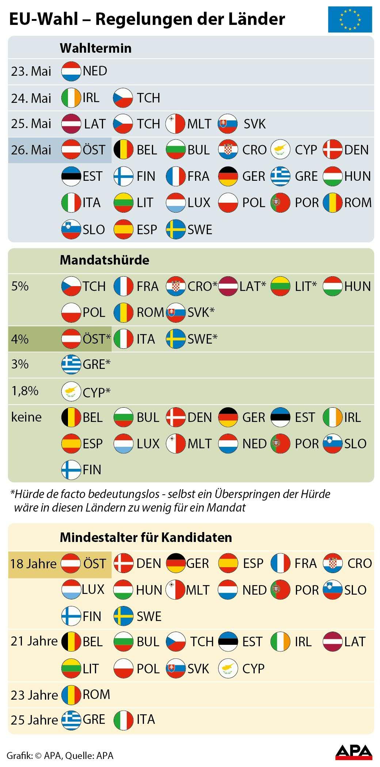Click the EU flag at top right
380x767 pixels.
pyautogui.click(x=350, y=19)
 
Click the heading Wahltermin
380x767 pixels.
pyautogui.click(x=95, y=48)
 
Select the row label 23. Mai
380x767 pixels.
pyautogui.click(x=31, y=71)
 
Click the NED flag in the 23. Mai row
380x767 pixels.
pyautogui.click(x=71, y=71)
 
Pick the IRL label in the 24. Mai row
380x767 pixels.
pyautogui.click(x=91, y=98)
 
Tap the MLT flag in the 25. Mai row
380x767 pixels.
pyautogui.click(x=175, y=124)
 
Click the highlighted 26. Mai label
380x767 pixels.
pyautogui.click(x=31, y=150)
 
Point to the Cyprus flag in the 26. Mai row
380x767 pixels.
pyautogui.click(x=280, y=150)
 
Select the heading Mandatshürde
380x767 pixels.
pyautogui.click(x=104, y=260)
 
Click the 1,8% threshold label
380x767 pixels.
pyautogui.click(x=24, y=391)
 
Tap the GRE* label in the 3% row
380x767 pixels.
pyautogui.click(x=96, y=365)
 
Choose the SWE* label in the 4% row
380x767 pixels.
pyautogui.click(x=202, y=339)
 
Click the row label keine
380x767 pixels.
pyautogui.click(x=26, y=417)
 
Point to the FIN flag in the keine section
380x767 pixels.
pyautogui.click(x=71, y=470)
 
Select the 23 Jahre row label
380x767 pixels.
pyautogui.click(x=34, y=695)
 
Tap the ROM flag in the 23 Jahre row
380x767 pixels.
pyautogui.click(x=71, y=695)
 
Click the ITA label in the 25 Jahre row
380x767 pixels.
pyautogui.click(x=146, y=719)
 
